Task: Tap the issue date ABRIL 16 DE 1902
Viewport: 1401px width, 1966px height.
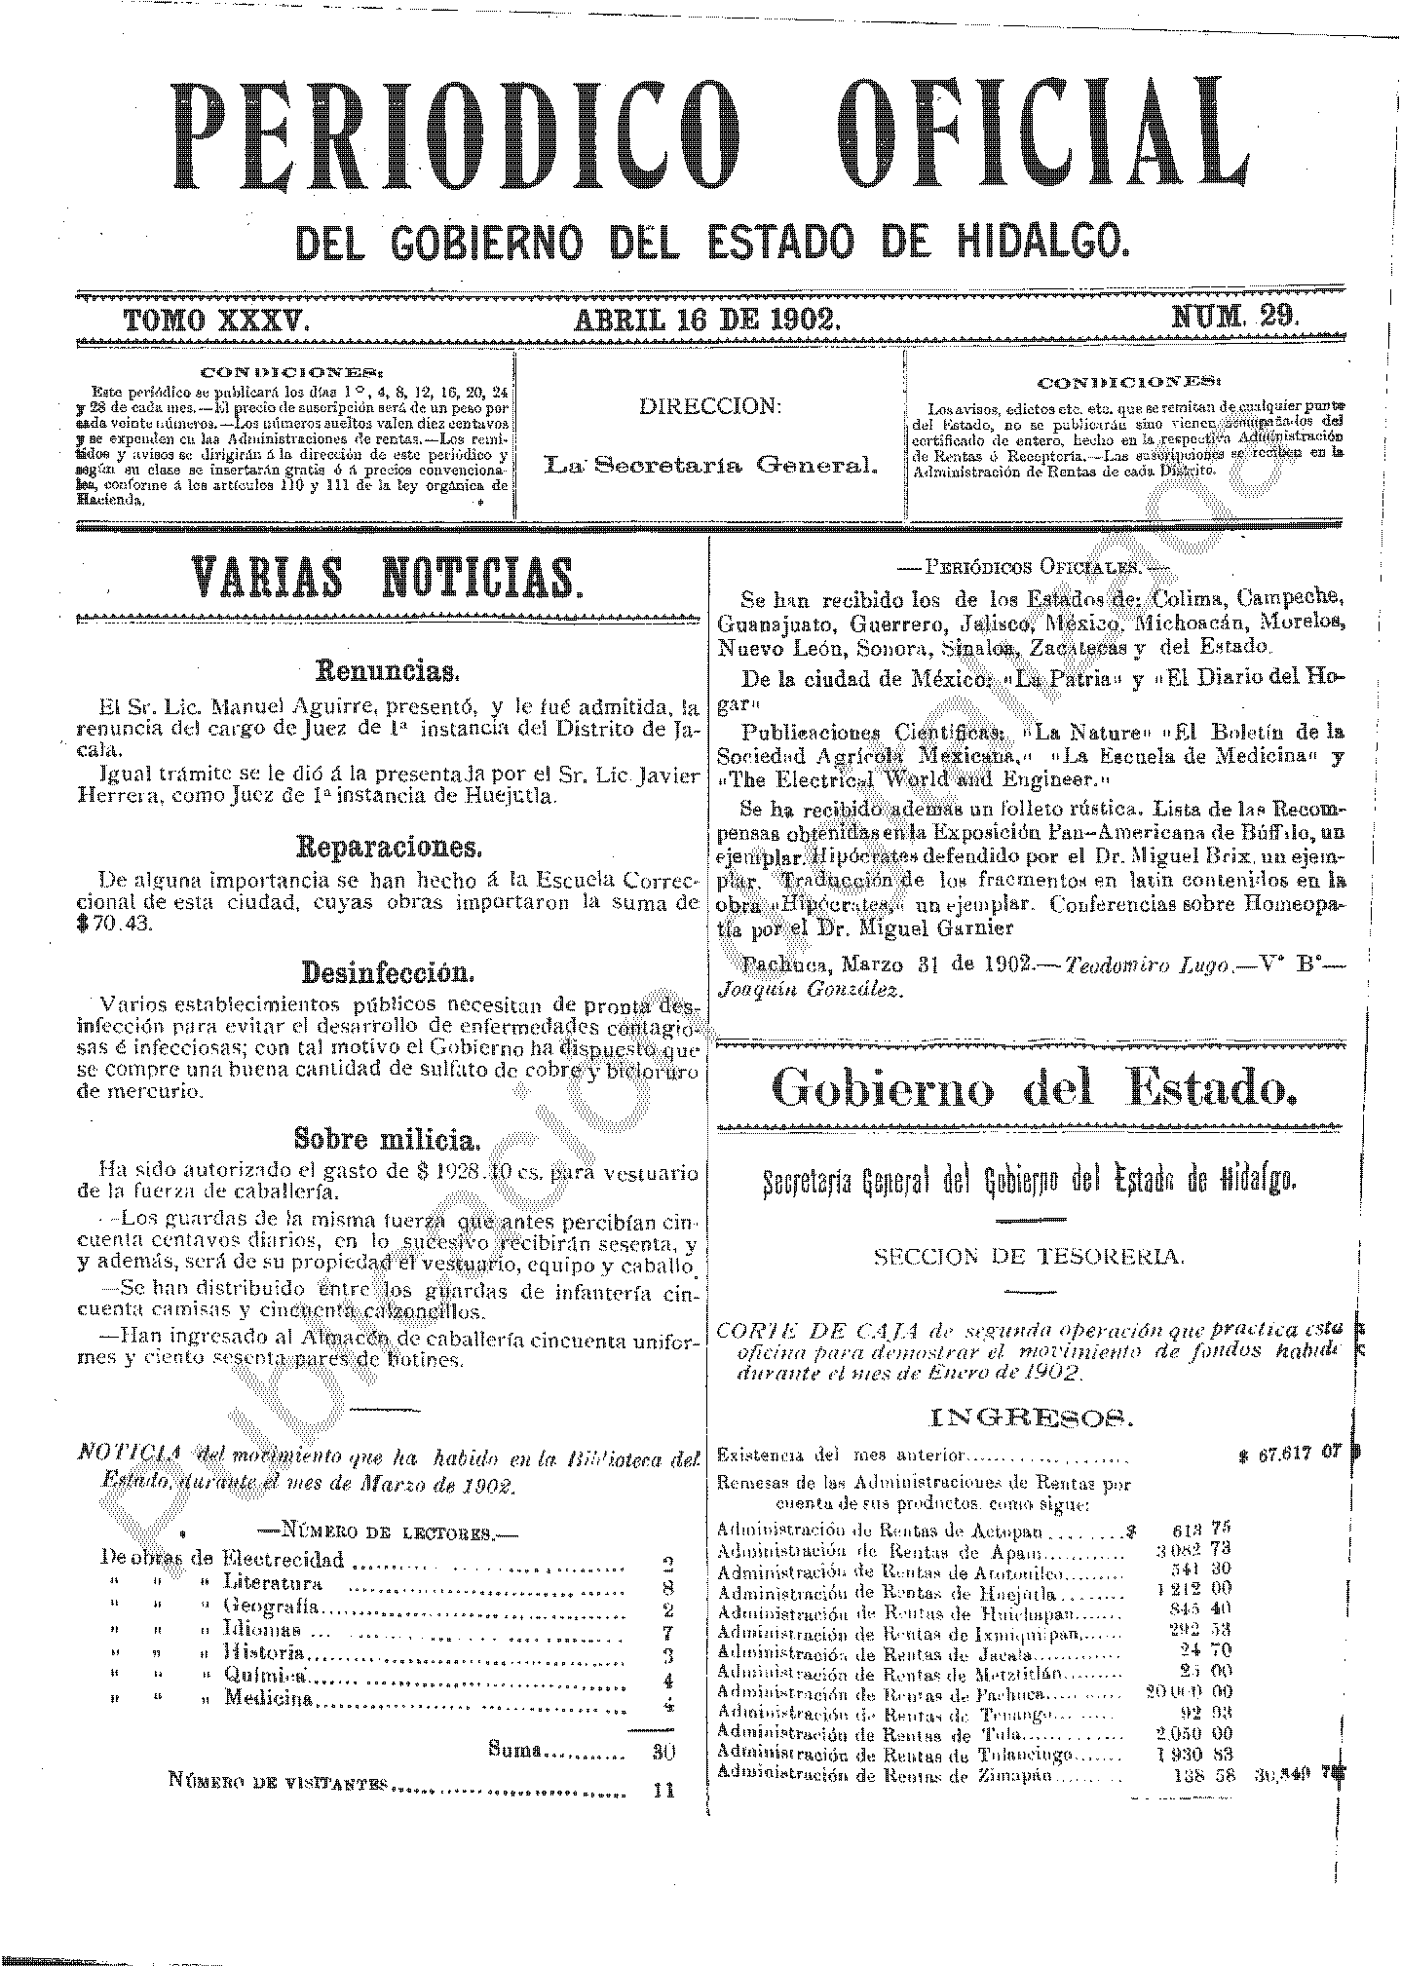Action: click(707, 319)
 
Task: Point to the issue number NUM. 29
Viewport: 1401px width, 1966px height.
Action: click(1234, 317)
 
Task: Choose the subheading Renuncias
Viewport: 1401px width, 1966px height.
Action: click(387, 671)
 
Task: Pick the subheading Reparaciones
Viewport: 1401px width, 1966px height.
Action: click(387, 846)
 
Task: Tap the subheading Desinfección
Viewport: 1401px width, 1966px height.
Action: click(387, 971)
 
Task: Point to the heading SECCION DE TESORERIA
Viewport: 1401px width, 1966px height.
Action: click(1029, 1256)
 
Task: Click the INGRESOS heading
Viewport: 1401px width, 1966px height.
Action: click(1031, 1417)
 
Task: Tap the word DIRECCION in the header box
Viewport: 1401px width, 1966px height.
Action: click(709, 406)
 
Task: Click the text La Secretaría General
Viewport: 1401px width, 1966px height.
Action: click(709, 465)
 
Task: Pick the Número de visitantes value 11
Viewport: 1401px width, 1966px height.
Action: click(663, 1789)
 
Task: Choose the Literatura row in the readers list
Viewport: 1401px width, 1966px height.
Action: click(273, 1582)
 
